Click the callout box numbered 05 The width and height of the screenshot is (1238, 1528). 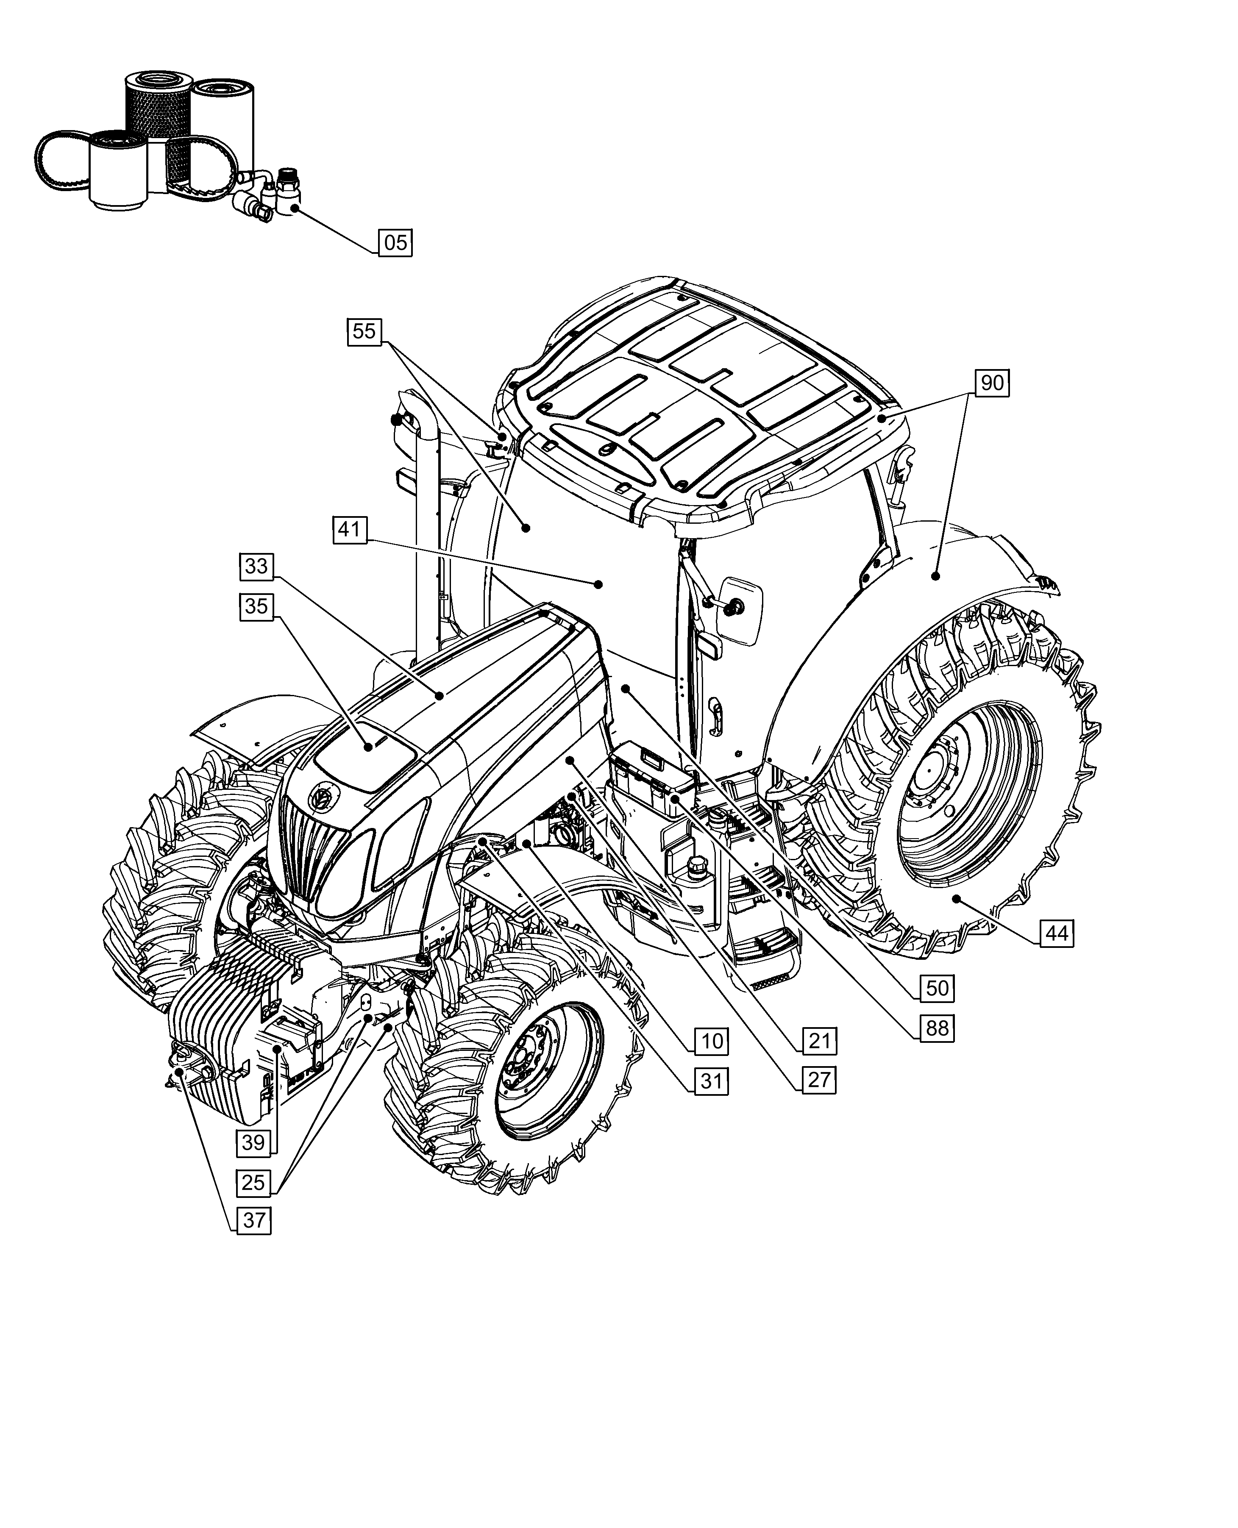(x=395, y=242)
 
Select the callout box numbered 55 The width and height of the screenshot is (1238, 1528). (x=364, y=331)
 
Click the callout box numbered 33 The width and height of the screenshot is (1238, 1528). (x=256, y=566)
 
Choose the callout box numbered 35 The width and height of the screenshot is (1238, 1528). (x=256, y=606)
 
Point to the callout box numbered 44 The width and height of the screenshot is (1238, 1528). (x=1057, y=933)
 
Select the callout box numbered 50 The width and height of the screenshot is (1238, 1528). (x=937, y=988)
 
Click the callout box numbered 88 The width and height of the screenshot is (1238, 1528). (x=937, y=1028)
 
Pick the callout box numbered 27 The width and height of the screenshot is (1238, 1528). (x=819, y=1080)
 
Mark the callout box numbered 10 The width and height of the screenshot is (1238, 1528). (x=712, y=1041)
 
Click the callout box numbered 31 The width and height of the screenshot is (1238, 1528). (x=712, y=1081)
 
